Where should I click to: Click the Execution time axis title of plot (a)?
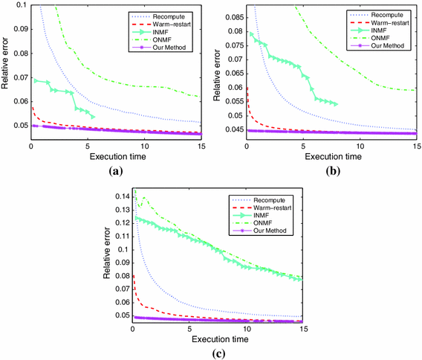click(117, 157)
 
